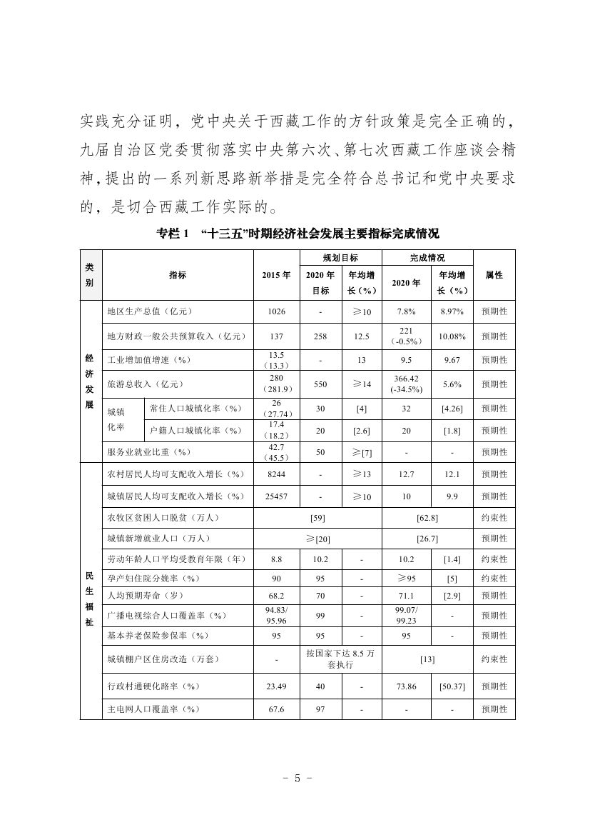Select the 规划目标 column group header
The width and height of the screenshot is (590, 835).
click(340, 257)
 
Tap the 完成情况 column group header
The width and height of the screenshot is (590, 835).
click(427, 257)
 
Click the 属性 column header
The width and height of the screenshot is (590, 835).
click(494, 275)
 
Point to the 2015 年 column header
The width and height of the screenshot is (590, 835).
click(277, 275)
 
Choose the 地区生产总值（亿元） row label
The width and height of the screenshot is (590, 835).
click(150, 311)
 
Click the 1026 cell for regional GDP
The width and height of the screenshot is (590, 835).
click(277, 311)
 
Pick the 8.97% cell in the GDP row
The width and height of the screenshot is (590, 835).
click(452, 311)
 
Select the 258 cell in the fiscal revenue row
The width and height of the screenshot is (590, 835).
click(320, 336)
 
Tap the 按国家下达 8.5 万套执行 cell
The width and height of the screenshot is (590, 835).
click(340, 659)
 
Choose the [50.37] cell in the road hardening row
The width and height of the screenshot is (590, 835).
click(452, 686)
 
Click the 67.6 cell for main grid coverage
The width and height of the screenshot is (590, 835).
click(277, 709)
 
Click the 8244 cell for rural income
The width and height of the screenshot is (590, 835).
click(277, 474)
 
